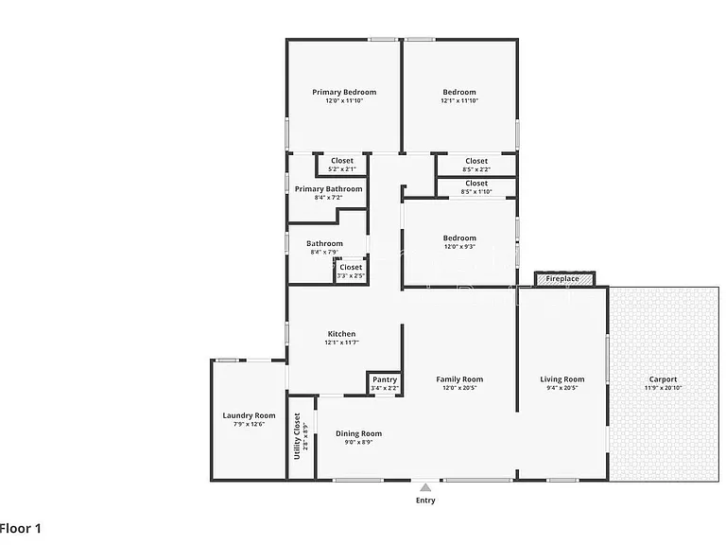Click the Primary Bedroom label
point(344,92)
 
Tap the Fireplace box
point(564,279)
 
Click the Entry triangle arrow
point(425,487)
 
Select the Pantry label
point(385,379)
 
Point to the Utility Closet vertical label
point(297,435)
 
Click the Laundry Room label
point(250,415)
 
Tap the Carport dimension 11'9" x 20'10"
point(663,388)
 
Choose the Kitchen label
point(341,334)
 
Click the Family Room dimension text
point(459,388)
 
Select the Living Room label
point(562,379)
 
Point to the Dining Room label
point(359,433)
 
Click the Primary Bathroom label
point(328,188)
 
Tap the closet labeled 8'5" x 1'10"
point(476,187)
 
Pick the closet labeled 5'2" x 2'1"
point(342,165)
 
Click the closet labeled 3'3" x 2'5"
point(351,272)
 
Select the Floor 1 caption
point(21,528)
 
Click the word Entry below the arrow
point(425,500)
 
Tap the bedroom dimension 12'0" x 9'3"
point(459,247)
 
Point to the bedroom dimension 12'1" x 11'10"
point(459,100)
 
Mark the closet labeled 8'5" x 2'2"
point(476,165)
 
